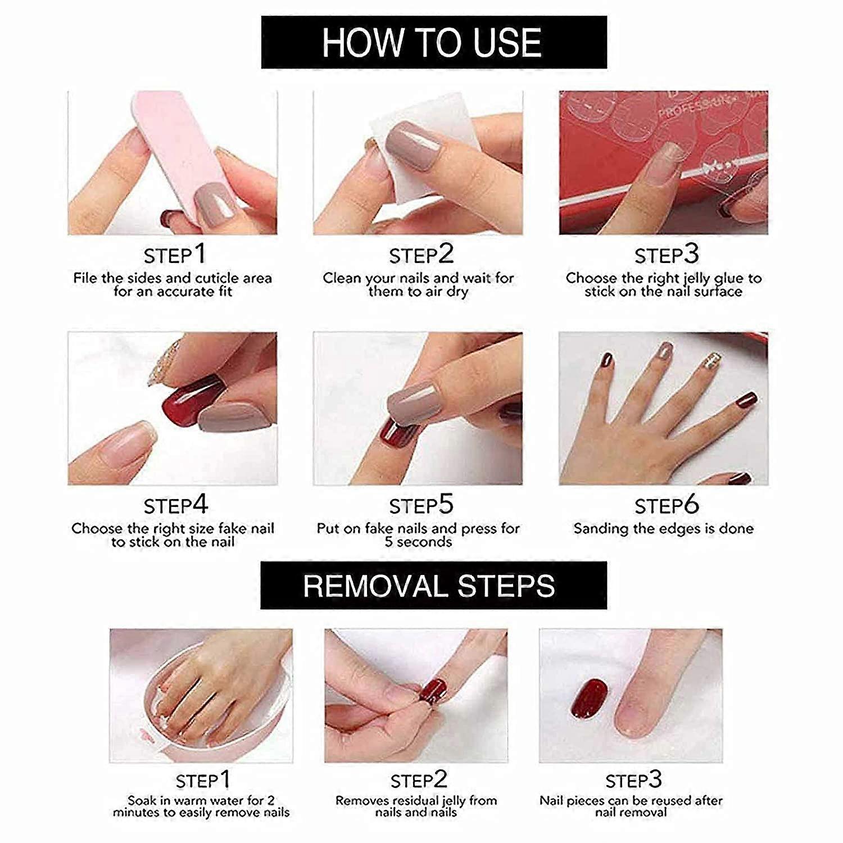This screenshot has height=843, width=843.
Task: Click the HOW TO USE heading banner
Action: [433, 42]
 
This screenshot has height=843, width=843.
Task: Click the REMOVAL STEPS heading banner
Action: [433, 586]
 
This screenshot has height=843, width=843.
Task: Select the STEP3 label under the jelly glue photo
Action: [667, 255]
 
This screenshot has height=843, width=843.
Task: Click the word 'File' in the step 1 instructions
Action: [85, 278]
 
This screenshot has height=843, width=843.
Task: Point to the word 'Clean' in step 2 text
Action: [342, 278]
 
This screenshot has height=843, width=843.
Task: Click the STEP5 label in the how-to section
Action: [421, 505]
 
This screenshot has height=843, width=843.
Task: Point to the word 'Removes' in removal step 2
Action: [362, 800]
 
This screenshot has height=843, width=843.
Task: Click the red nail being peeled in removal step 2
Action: [433, 691]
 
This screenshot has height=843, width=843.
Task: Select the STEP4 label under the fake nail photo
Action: [175, 505]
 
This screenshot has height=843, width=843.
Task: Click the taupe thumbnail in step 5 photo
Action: [413, 402]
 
